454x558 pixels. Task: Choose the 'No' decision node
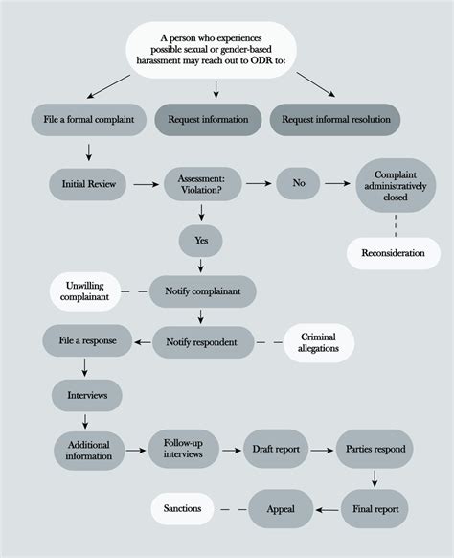[x=297, y=183]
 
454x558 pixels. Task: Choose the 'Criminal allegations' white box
[x=318, y=339]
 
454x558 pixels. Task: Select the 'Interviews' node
[x=86, y=393]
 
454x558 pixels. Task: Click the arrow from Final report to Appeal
[x=329, y=509]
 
